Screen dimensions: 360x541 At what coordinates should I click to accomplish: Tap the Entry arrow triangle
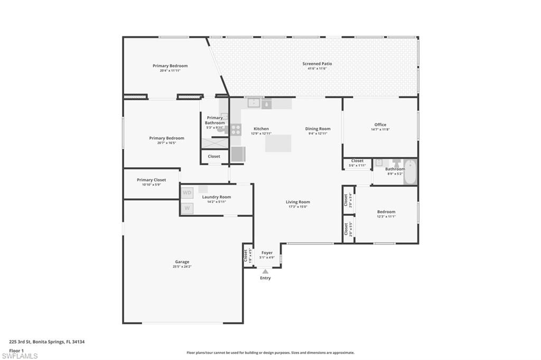[265, 271]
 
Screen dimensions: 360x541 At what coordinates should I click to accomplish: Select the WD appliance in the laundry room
[187, 193]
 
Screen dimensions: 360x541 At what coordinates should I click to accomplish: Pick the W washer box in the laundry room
[187, 209]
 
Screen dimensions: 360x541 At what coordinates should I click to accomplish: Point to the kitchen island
[278, 143]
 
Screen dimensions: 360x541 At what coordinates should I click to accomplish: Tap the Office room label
[380, 125]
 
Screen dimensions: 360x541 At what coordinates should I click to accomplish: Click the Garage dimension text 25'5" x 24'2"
[182, 267]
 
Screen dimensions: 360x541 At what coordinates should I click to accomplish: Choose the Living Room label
[298, 202]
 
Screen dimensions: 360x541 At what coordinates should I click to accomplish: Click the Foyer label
[267, 253]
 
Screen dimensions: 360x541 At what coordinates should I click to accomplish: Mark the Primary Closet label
[151, 180]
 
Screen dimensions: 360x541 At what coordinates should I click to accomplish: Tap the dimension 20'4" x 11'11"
[170, 70]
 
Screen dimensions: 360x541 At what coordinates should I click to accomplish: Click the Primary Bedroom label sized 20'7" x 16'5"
[166, 138]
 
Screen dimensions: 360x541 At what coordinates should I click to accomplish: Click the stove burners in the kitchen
[236, 129]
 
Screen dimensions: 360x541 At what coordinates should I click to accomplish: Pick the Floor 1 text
[16, 350]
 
